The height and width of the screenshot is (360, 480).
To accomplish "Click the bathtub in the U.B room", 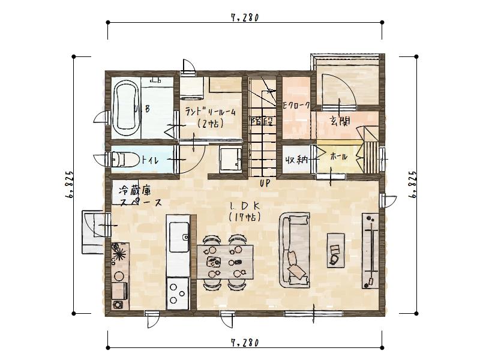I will [127, 108].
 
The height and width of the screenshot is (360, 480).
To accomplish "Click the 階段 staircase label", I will [262, 121].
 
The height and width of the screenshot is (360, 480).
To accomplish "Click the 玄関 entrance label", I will [340, 120].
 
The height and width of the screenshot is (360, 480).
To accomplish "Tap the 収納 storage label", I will [296, 160].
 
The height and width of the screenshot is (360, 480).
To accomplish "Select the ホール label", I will [338, 156].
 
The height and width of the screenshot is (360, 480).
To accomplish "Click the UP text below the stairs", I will [265, 182].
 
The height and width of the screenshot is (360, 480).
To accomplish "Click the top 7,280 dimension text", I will [244, 18].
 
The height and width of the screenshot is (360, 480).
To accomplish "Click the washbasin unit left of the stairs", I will [230, 160].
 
